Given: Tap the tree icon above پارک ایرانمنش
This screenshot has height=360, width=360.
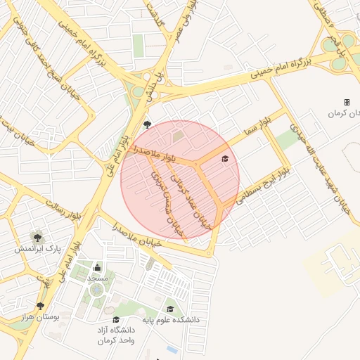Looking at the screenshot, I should [36, 236].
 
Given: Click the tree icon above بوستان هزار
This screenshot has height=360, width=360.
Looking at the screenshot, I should [40, 306].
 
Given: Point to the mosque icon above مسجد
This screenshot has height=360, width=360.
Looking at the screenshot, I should [96, 268].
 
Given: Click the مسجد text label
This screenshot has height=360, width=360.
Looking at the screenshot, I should [96, 279].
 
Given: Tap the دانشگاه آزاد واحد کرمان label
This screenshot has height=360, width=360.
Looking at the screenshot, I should [117, 335].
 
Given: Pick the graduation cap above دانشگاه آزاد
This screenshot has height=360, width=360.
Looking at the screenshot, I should [116, 319].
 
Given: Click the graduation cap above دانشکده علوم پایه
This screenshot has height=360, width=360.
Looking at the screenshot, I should [170, 309].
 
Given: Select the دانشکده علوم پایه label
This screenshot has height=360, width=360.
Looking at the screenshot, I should [172, 320].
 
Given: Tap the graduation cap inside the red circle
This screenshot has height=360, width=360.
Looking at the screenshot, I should [225, 159].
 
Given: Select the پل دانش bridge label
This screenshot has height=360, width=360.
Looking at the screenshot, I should [156, 84].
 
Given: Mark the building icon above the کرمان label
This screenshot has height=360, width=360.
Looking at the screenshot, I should [347, 102].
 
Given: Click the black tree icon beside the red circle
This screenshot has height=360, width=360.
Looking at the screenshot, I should [147, 125].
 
